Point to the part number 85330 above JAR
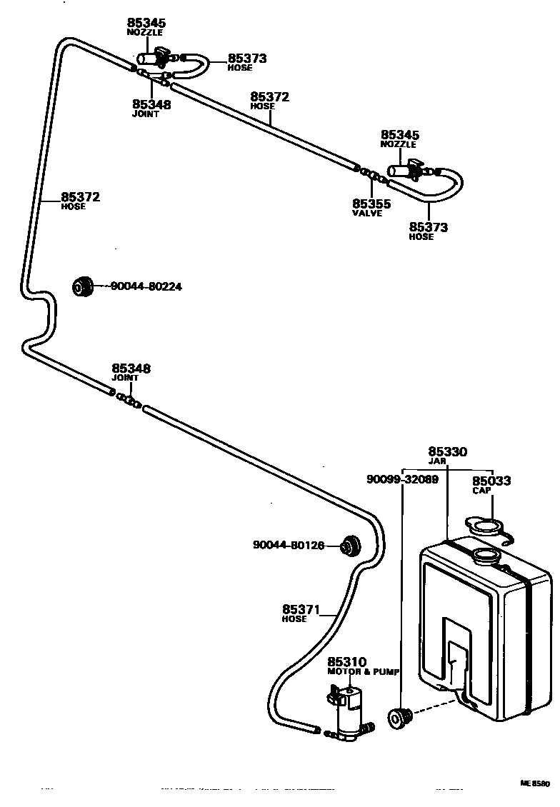(447, 451)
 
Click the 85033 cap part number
(491, 481)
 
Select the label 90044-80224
(146, 286)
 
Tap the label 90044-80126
(289, 545)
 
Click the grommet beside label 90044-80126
(350, 546)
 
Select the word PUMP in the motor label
(386, 672)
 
